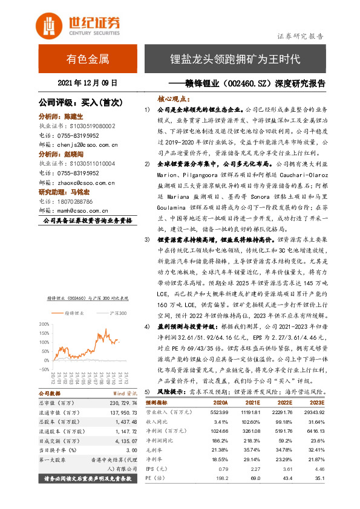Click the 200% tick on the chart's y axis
pos(46,325)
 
